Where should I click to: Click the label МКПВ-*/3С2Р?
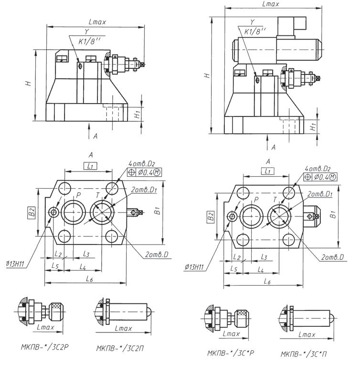click(44, 347)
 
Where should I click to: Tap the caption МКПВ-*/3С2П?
click(120, 348)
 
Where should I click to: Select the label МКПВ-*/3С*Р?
click(231, 353)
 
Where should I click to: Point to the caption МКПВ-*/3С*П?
click(304, 354)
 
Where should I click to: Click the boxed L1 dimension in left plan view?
click(90, 166)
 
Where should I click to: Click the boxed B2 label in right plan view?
click(210, 216)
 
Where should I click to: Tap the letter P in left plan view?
click(78, 195)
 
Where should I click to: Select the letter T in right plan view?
click(275, 199)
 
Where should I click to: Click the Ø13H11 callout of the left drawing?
click(16, 264)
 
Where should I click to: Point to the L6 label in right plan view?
click(267, 281)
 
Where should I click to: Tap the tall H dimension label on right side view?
click(207, 75)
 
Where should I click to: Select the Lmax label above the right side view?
click(271, 4)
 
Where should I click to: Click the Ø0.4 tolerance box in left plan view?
click(145, 172)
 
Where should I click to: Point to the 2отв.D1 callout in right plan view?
click(320, 194)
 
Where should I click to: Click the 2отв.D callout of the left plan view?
click(157, 255)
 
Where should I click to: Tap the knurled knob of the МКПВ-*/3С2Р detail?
click(56, 311)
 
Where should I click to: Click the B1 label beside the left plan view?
click(158, 211)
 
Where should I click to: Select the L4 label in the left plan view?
click(83, 267)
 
